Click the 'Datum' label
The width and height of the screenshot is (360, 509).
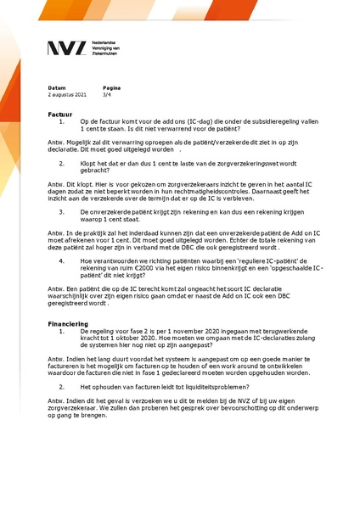tap(56, 88)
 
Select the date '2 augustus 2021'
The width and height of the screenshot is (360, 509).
tap(67, 94)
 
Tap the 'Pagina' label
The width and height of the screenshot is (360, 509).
tap(111, 88)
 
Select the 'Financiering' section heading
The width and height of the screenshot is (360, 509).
tap(68, 324)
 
